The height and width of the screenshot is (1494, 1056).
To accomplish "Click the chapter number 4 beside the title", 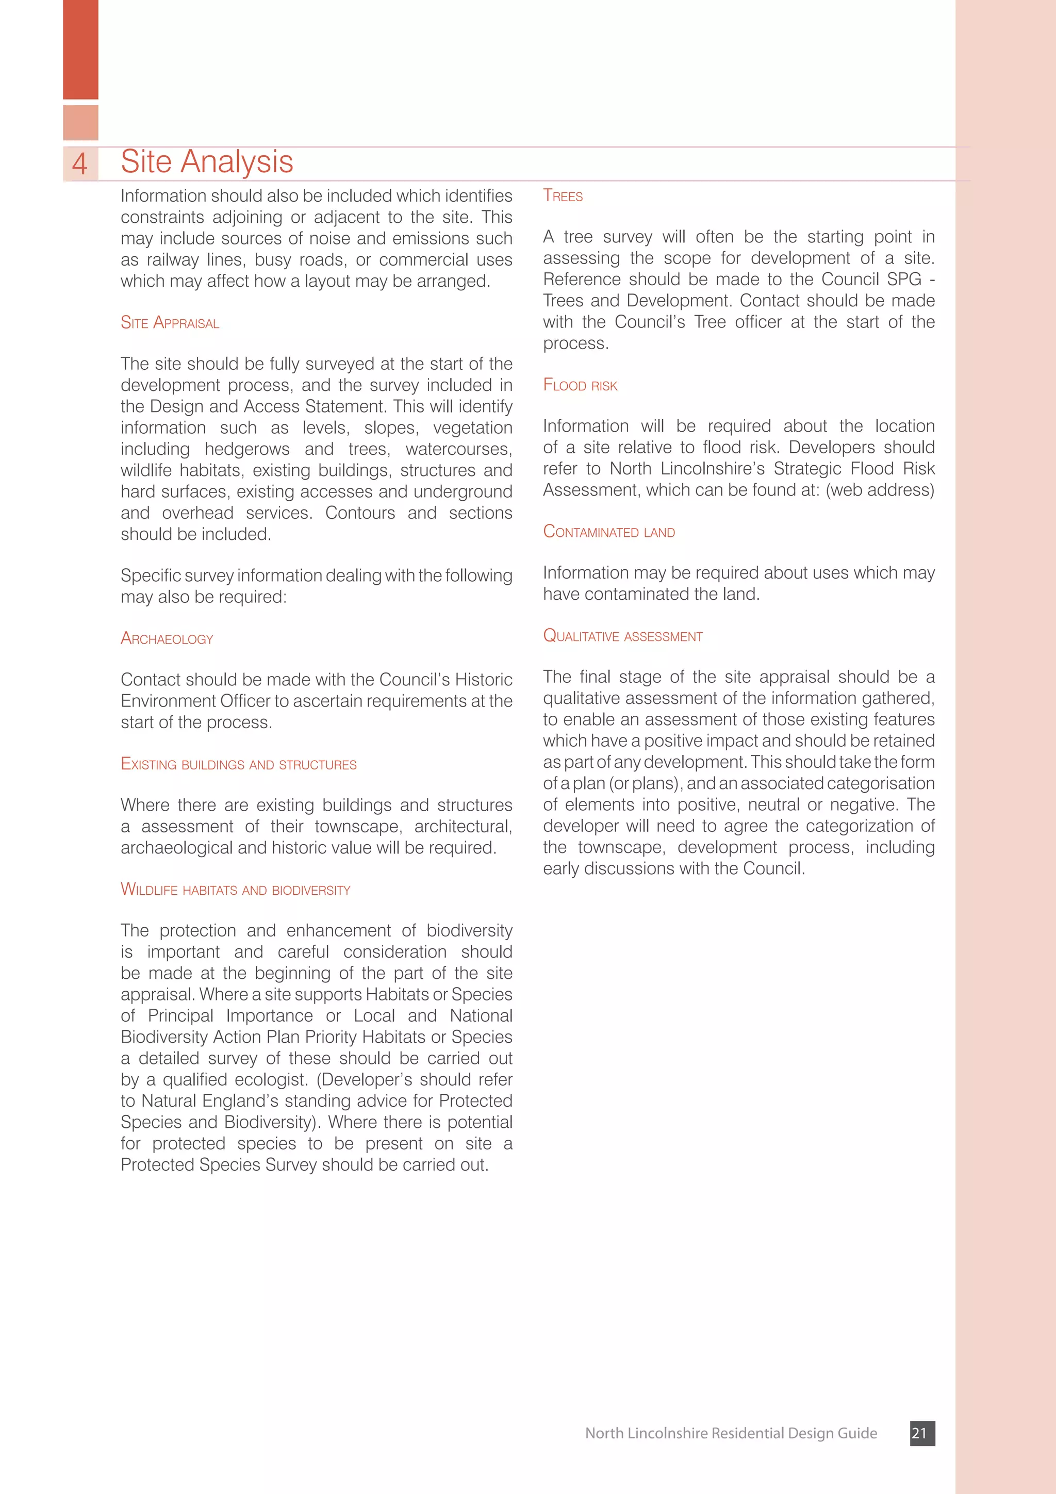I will tap(79, 163).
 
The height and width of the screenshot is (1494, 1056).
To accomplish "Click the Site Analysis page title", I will tap(207, 161).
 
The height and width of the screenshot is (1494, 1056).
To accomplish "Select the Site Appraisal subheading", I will tap(170, 323).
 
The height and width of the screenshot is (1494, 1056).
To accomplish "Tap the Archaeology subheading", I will tap(167, 639).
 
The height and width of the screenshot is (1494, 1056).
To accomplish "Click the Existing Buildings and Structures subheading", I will tap(239, 764).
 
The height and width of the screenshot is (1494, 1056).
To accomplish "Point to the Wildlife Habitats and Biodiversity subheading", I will tap(236, 890).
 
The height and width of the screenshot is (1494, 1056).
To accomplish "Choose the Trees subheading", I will tap(563, 196).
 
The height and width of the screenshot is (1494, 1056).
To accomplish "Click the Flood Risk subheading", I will tap(580, 385).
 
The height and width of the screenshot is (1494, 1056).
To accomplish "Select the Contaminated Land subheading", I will tap(609, 532).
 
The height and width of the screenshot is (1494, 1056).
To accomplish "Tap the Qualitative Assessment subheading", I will tap(623, 636).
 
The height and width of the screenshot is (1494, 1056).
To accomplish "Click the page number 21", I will tap(921, 1433).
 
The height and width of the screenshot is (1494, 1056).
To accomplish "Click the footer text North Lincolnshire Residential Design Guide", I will tap(731, 1433).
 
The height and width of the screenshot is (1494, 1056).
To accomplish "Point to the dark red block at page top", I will tap(80, 49).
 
